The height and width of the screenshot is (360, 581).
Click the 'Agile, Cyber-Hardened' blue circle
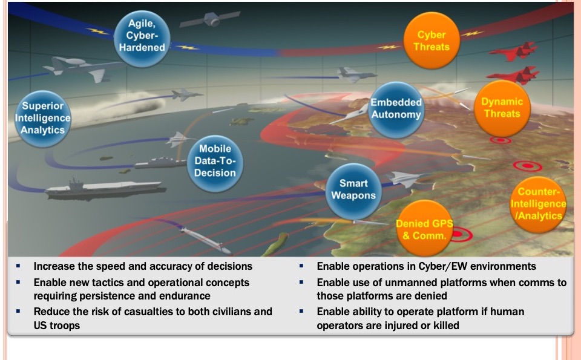click(x=142, y=39)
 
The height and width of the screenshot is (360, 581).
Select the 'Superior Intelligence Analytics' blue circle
click(x=42, y=119)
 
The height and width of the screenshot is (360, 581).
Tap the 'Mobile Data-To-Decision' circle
click(x=215, y=163)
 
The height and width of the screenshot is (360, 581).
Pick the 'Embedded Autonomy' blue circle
click(x=396, y=110)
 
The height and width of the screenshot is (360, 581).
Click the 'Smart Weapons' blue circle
click(x=353, y=191)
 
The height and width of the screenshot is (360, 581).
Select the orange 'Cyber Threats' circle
click(x=432, y=41)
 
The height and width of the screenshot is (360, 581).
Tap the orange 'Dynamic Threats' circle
click(x=502, y=108)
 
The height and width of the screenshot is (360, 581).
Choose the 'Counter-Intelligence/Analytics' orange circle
click(x=538, y=205)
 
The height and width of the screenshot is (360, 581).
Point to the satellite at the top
click(x=211, y=19)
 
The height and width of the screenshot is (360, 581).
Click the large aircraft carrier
click(x=105, y=189)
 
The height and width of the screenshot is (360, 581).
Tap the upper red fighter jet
click(x=514, y=52)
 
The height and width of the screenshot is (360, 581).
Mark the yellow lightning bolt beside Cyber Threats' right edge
click(x=472, y=34)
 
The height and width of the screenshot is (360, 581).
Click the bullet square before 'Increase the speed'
click(x=18, y=266)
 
